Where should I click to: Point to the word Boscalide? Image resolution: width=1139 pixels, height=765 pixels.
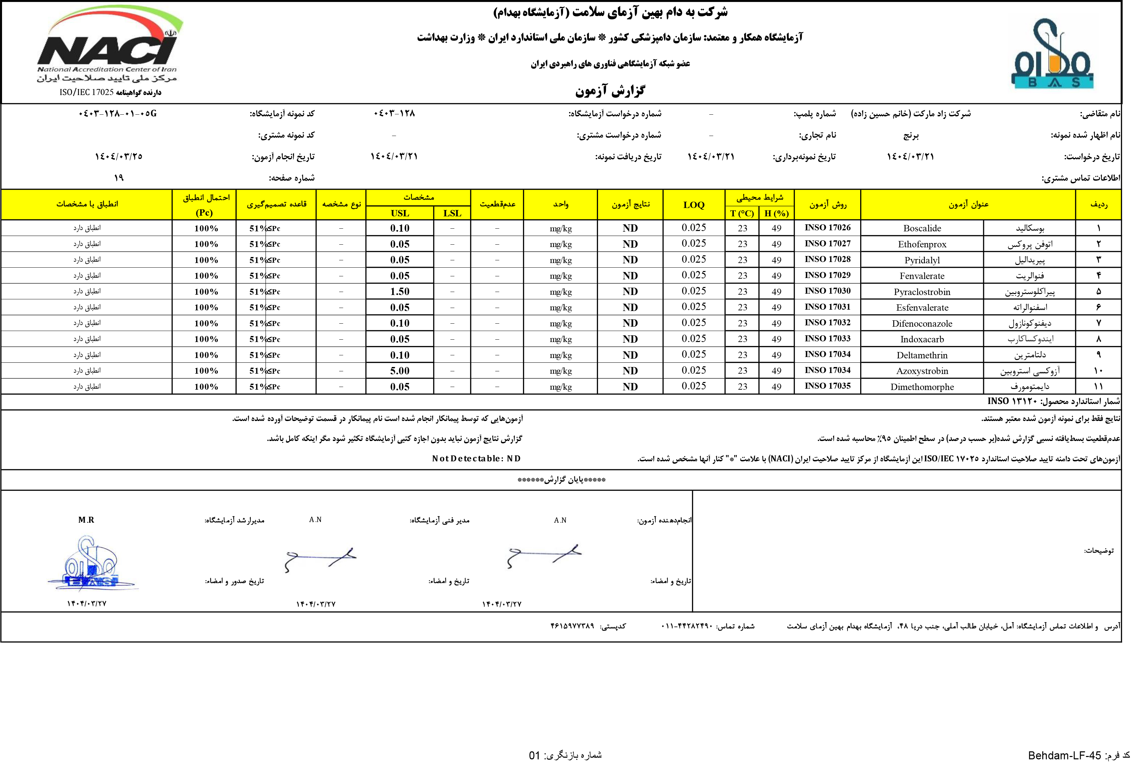tap(922, 228)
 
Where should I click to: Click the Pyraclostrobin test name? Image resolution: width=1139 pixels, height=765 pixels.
tap(922, 292)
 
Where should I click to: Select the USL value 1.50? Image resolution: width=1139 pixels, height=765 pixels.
tap(399, 292)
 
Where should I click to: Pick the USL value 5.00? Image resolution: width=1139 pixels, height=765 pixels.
tap(399, 371)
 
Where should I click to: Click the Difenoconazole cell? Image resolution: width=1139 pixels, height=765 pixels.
tap(922, 323)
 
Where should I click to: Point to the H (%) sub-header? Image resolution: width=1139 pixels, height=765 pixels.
tap(776, 213)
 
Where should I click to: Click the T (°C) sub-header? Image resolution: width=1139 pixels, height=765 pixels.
tap(742, 213)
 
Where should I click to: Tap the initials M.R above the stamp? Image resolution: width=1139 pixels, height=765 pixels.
tap(86, 520)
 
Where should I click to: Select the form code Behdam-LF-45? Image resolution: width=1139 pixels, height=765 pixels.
tap(1064, 756)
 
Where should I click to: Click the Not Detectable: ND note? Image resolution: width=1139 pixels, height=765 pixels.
tap(476, 459)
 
